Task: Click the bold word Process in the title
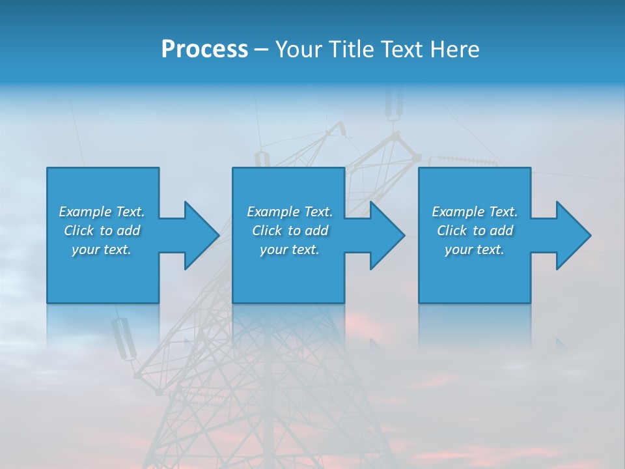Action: point(204,50)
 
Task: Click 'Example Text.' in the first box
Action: point(102,212)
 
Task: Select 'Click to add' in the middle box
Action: point(290,231)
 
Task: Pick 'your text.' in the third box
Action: point(474,249)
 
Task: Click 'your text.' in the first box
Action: point(102,249)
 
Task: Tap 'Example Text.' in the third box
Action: point(474,212)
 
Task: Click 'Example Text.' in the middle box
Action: point(290,212)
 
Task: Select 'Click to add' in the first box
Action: point(102,231)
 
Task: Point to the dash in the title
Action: point(262,50)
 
